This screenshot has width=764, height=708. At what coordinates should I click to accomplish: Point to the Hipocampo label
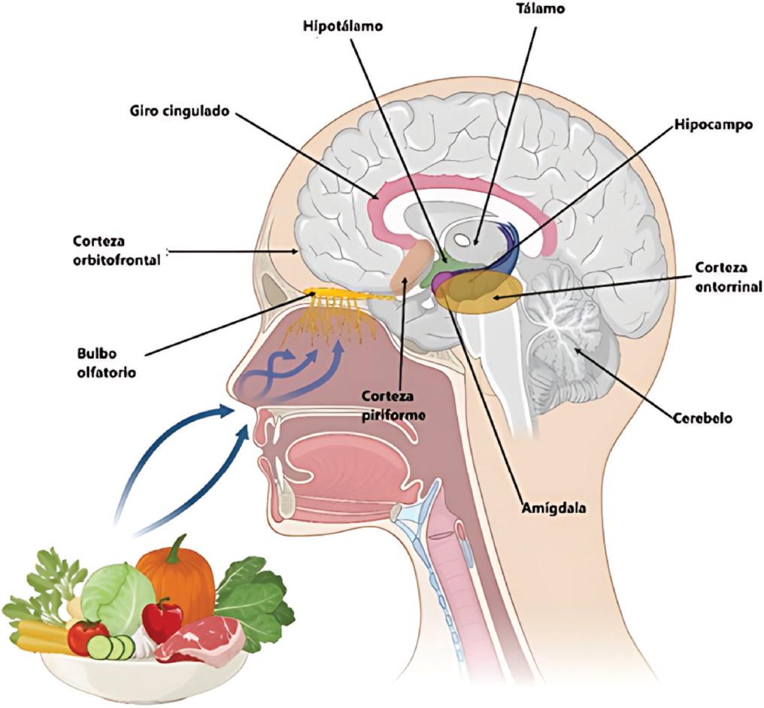[x=712, y=126]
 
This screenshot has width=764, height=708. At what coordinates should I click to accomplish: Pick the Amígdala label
[x=553, y=507]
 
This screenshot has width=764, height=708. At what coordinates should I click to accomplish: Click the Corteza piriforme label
[x=393, y=404]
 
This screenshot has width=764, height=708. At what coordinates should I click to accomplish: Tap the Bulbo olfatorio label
[x=106, y=361]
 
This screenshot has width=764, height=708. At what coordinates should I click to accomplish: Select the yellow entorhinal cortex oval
[x=481, y=296]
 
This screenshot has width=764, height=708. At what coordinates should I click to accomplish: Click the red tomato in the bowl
[x=86, y=637]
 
